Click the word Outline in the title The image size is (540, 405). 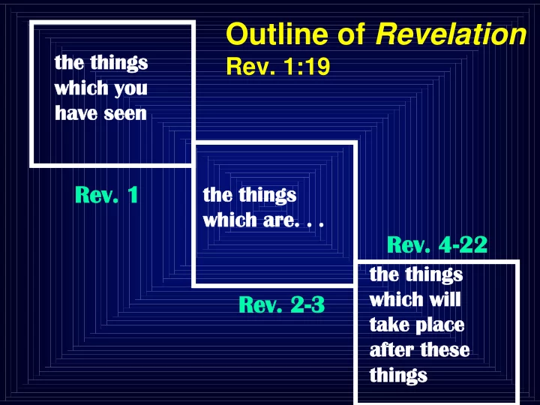(277, 34)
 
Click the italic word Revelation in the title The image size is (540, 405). (451, 34)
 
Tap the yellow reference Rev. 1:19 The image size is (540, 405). (278, 66)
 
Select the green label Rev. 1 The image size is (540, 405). (106, 194)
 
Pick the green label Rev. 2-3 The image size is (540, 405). (282, 304)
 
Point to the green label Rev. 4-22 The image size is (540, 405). (437, 244)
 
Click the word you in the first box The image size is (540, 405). (130, 89)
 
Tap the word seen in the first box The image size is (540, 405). (125, 113)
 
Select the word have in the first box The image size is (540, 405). (76, 113)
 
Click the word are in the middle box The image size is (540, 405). (279, 220)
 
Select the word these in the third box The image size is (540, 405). (445, 350)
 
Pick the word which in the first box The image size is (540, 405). (82, 88)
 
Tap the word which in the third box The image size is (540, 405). (397, 299)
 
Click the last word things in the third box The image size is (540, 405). (398, 376)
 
